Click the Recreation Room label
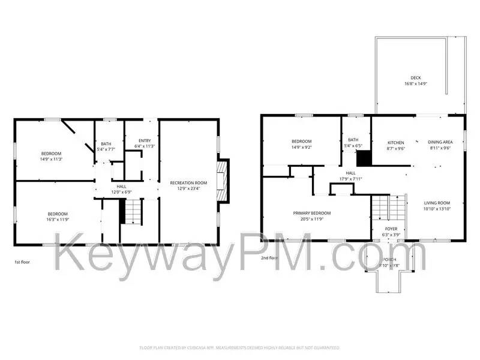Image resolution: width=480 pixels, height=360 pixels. point(188,182)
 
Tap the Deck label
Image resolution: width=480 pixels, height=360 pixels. point(415,77)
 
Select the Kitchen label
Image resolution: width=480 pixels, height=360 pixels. point(395,142)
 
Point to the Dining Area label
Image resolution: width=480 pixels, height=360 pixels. point(440,142)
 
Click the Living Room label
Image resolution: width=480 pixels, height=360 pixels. point(437,203)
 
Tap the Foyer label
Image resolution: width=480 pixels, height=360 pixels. point(391,229)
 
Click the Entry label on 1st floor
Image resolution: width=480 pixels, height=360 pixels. point(145,140)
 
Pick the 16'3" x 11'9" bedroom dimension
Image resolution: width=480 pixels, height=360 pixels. point(58,220)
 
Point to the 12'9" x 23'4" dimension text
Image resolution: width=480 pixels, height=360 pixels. point(188,188)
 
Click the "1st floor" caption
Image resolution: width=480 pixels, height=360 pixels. point(22,262)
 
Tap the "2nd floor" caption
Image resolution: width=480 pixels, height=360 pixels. point(269,257)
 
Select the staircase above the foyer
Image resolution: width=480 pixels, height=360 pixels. point(382,208)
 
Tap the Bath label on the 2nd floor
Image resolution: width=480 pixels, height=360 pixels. point(353,140)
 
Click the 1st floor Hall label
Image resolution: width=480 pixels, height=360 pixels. point(121,187)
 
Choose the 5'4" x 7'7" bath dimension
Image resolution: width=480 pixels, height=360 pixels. point(106,149)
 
